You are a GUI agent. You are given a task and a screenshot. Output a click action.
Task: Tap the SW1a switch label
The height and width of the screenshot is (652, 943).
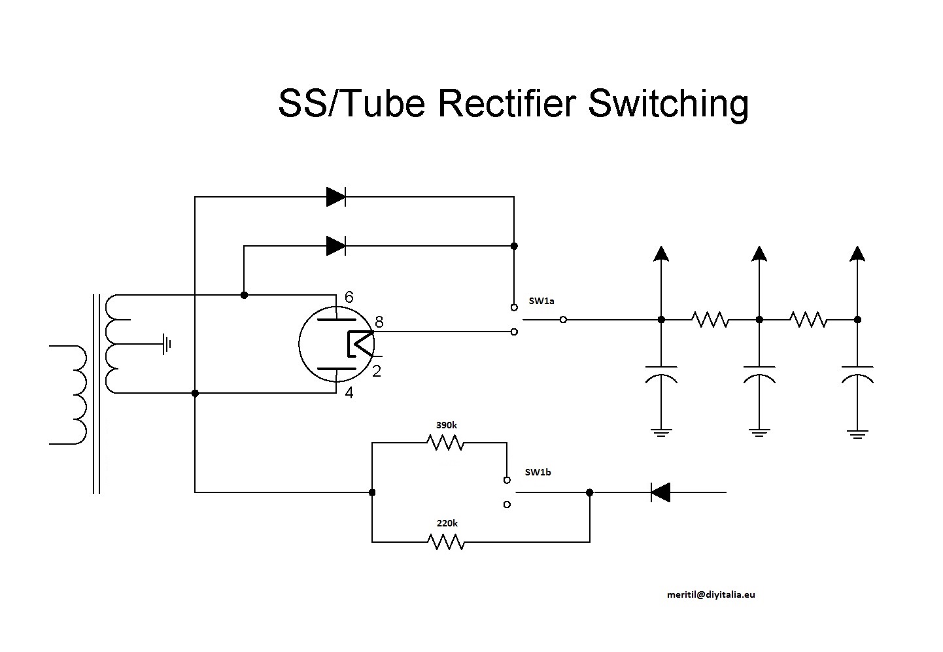541,301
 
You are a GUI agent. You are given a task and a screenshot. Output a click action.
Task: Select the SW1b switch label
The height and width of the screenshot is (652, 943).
538,472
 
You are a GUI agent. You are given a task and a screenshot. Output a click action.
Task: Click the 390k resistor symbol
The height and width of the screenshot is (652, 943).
446,443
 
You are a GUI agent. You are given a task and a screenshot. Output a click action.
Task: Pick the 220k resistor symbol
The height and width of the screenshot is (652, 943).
446,541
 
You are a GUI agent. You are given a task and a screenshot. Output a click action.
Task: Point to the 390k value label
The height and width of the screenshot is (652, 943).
447,425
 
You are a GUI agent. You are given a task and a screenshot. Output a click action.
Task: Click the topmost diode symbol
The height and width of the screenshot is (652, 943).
336,196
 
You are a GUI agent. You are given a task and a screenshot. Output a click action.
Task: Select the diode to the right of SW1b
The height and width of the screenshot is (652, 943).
660,492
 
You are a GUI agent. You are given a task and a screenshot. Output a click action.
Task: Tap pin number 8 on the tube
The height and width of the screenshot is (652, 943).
379,322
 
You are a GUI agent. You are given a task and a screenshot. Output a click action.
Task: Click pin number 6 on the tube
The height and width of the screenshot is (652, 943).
349,298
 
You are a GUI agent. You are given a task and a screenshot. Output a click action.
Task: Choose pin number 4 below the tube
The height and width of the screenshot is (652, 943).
349,394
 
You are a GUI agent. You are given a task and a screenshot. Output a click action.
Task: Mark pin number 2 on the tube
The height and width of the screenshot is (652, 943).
377,371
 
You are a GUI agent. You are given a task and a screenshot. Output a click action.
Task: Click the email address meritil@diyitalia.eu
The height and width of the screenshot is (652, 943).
711,594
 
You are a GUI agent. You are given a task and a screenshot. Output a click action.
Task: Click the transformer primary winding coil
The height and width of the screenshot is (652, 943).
75,394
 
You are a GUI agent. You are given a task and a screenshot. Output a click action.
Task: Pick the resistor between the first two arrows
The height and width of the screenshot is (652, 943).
710,320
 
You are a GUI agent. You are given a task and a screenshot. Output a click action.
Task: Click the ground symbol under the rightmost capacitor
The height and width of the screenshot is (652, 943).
857,433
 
